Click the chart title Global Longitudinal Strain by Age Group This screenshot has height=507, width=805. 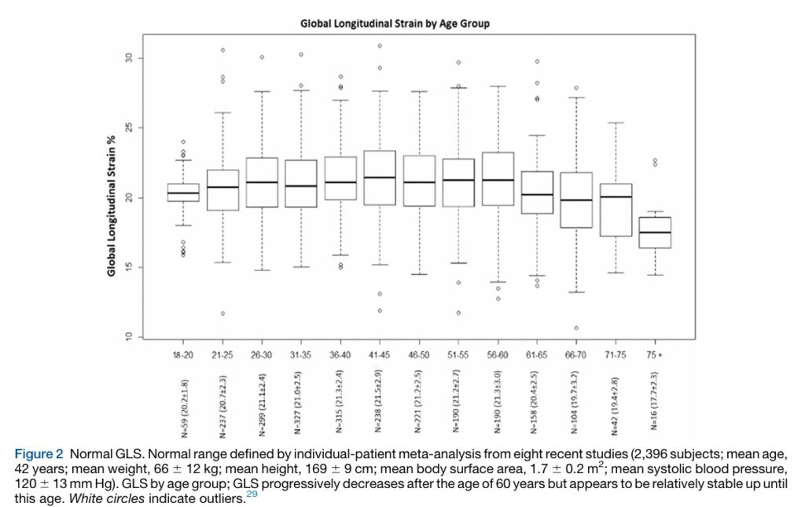click(395, 24)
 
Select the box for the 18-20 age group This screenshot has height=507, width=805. click(183, 193)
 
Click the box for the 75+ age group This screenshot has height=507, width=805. click(654, 233)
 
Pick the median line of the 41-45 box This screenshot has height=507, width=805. click(380, 178)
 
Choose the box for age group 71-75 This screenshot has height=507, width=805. click(615, 210)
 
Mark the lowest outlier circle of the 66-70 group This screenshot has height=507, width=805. click(576, 328)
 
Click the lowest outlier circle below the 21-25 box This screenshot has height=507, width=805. click(222, 314)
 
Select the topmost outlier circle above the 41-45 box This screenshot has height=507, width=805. click(380, 46)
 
